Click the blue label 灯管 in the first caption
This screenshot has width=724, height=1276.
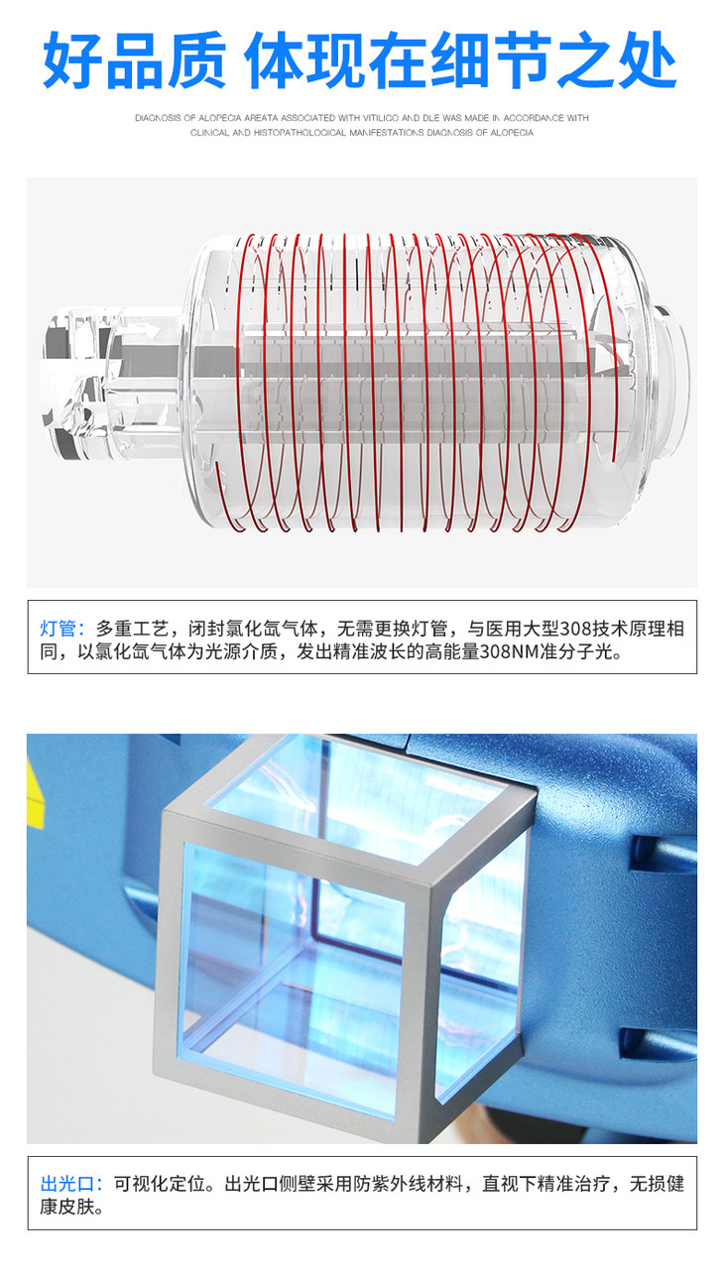tap(58, 629)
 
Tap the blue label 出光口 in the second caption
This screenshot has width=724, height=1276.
tap(66, 1184)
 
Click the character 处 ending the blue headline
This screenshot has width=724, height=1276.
tap(648, 59)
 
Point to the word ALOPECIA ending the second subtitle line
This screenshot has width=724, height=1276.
tap(512, 133)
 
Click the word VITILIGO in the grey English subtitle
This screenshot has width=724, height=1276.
tap(381, 118)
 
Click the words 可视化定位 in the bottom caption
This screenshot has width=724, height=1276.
tap(160, 1184)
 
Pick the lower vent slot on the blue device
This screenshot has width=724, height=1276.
tap(660, 1043)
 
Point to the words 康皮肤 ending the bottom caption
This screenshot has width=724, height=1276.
tap(67, 1207)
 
